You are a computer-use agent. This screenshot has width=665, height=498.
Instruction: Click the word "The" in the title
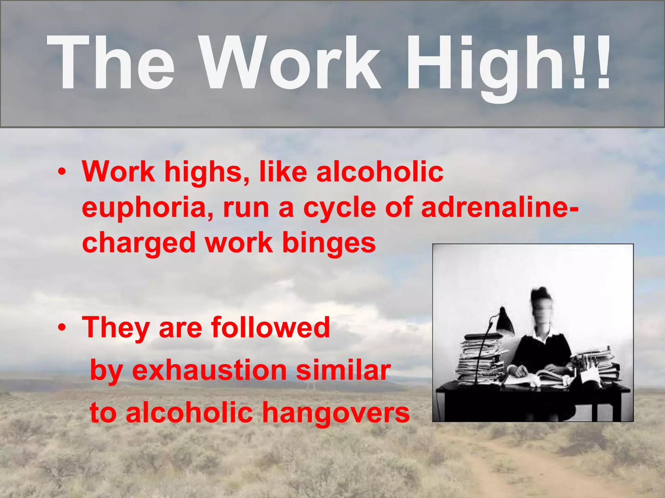click(110, 63)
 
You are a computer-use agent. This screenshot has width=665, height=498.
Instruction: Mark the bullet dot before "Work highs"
click(62, 172)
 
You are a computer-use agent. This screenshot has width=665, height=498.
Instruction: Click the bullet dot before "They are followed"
click(62, 328)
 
